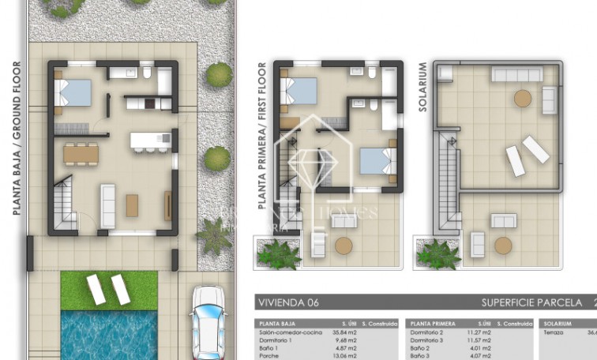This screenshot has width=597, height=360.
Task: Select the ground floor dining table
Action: pos(81,152)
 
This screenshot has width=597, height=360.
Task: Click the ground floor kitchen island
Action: pos(150,141)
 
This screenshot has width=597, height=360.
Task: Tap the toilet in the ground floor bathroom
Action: pos(147,74)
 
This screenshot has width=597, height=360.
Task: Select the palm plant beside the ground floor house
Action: pos(214,235)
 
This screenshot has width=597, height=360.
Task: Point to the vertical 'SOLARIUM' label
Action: pos(422,88)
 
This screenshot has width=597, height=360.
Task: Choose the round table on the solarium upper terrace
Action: pos(523,99)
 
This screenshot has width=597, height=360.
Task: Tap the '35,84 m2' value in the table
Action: pos(351,333)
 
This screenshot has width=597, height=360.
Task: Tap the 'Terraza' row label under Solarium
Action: pos(554,333)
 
